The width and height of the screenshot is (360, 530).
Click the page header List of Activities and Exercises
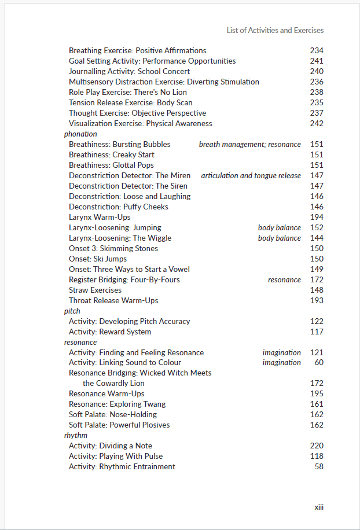(275, 30)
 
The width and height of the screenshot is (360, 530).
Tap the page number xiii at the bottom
(319, 507)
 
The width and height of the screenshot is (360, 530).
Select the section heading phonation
(80, 134)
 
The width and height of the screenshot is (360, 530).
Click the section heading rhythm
(76, 435)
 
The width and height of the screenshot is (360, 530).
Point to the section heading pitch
(72, 311)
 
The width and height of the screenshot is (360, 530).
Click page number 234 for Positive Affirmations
(317, 50)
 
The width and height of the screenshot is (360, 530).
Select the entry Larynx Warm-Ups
(100, 217)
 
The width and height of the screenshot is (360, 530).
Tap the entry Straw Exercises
(95, 290)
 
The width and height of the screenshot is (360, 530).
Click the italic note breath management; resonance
(250, 144)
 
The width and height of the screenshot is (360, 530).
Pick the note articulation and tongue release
(251, 175)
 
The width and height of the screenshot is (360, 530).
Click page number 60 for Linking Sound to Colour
(319, 362)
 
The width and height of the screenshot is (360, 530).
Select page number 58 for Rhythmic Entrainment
(319, 466)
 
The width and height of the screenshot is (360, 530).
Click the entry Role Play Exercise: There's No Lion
(128, 92)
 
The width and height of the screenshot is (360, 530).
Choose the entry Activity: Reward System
(110, 332)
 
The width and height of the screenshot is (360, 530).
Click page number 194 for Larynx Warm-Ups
(317, 217)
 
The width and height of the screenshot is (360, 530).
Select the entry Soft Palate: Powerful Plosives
(119, 425)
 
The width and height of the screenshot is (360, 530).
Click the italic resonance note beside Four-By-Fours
(284, 279)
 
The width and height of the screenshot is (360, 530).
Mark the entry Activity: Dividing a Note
(111, 446)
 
